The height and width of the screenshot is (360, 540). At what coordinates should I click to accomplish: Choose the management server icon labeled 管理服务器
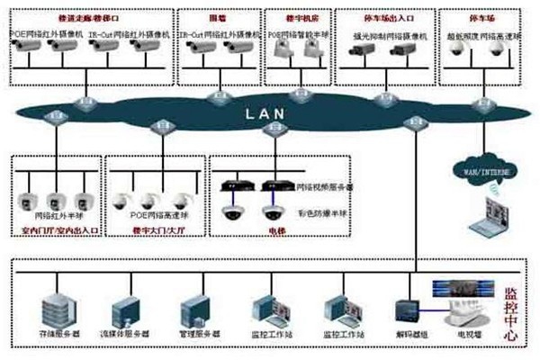[193, 308]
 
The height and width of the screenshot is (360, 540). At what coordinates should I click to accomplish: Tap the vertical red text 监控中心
[510, 310]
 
